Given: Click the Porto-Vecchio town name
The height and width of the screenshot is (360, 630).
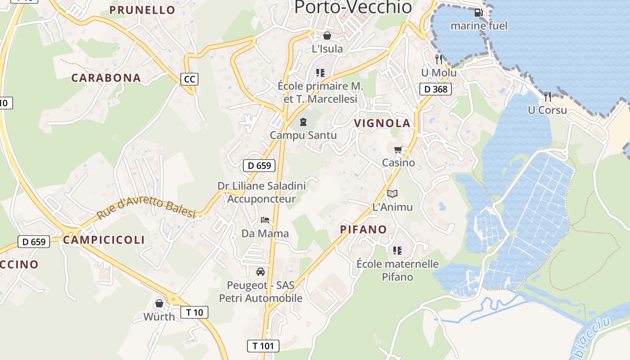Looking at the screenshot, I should [x=353, y=7].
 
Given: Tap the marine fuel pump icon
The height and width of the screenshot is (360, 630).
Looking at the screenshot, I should [x=478, y=13].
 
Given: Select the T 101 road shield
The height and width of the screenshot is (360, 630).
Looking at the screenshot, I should [x=263, y=346].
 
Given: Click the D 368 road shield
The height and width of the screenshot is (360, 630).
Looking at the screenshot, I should [x=436, y=89].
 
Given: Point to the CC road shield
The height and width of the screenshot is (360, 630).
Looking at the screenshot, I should [x=189, y=79].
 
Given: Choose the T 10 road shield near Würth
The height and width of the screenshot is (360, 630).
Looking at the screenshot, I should [x=194, y=312].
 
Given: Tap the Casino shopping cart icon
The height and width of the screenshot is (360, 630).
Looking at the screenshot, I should [x=398, y=149].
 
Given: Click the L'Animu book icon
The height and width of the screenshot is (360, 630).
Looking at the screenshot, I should [x=392, y=193].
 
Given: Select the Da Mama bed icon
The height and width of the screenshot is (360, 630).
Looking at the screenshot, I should [x=265, y=220].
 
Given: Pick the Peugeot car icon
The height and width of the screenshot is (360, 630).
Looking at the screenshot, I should [x=261, y=271].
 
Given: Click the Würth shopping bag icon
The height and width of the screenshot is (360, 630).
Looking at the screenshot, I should [x=159, y=303].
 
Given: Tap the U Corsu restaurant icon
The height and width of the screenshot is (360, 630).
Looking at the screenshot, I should [x=547, y=96].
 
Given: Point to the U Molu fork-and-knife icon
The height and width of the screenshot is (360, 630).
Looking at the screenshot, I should [x=439, y=59].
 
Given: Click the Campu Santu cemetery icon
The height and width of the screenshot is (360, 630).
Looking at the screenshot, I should [x=303, y=121].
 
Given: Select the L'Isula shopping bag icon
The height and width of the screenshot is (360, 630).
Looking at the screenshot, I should [x=327, y=35].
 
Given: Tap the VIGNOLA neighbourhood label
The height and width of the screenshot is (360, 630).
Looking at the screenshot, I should [x=382, y=123].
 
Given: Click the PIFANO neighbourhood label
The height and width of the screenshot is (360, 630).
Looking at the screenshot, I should [x=363, y=229].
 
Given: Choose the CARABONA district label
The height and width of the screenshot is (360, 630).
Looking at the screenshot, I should [x=106, y=78].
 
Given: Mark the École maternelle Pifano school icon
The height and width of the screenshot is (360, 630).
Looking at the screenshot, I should [x=397, y=250].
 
